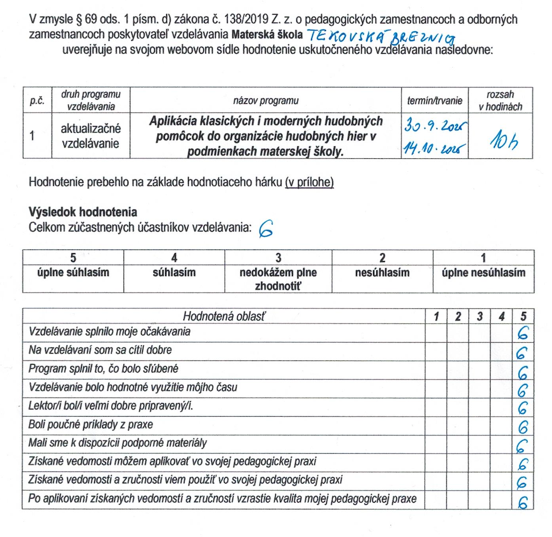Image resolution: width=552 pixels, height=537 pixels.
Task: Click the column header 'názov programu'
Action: click(266, 101)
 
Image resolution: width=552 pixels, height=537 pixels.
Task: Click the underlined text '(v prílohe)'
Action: click(309, 183)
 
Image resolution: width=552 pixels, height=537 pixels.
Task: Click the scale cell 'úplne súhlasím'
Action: click(73, 272)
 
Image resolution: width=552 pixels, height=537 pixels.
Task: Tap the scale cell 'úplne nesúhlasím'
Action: click(484, 272)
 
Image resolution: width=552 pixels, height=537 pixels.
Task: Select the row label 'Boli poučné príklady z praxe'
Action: click(91, 424)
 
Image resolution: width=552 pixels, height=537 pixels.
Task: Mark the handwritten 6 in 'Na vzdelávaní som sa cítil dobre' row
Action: click(523, 353)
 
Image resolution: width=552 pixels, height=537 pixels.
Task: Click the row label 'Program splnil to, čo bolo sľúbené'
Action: click(104, 369)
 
